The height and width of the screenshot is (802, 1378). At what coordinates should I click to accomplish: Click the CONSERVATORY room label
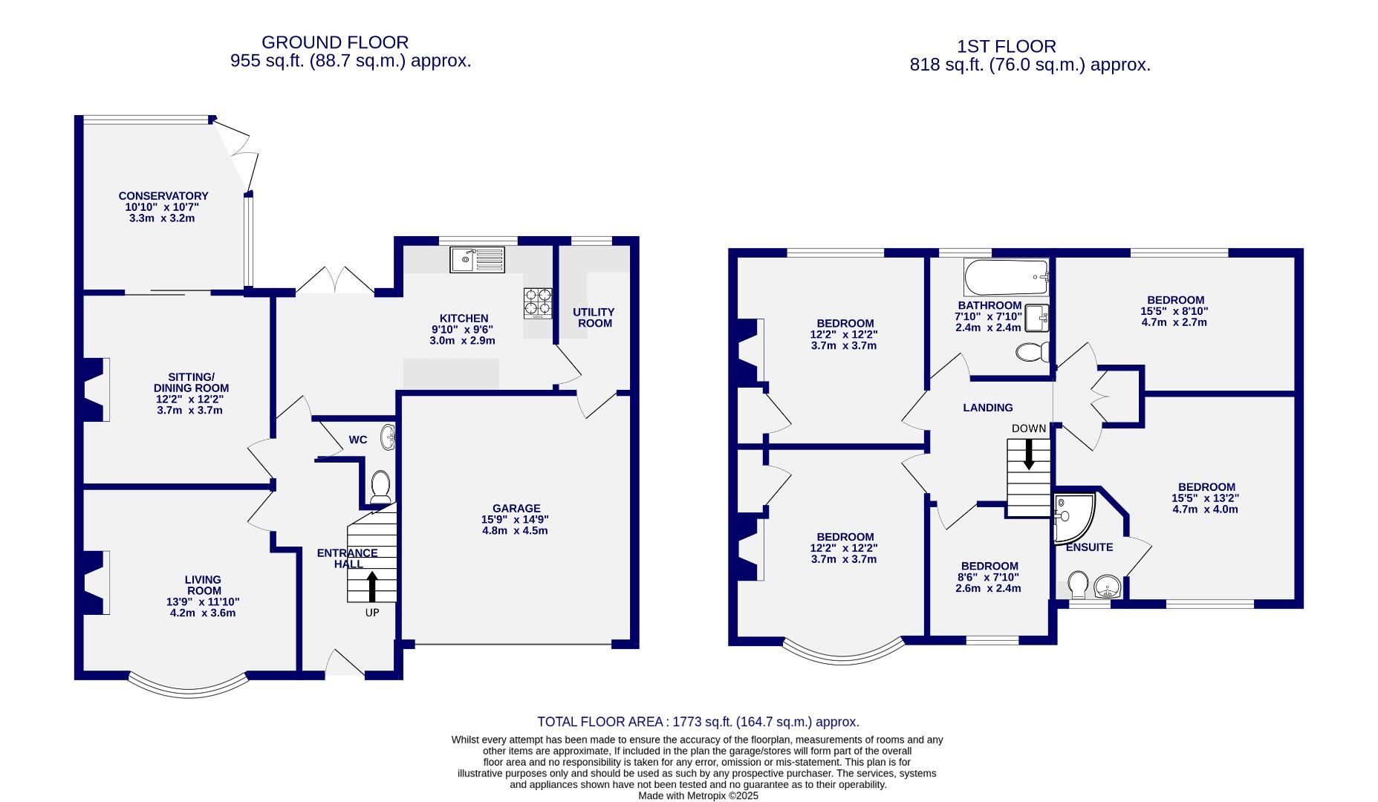tap(163, 197)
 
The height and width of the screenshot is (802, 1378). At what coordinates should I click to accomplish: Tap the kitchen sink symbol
tap(477, 259)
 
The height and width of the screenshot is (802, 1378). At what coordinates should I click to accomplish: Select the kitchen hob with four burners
tap(539, 303)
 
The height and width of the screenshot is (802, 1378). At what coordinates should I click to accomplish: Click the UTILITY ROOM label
tap(594, 318)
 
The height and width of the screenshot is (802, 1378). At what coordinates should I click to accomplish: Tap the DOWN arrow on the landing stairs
tap(1029, 453)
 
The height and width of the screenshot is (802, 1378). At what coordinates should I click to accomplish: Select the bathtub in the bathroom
tap(1005, 276)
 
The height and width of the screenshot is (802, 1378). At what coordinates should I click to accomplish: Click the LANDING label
tap(987, 408)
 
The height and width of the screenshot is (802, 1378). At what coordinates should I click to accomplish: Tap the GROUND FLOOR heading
tap(334, 43)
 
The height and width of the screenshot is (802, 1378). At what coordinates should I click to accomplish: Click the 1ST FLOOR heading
tap(1007, 47)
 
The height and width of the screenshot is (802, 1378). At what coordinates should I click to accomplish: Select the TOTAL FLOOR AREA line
tap(698, 722)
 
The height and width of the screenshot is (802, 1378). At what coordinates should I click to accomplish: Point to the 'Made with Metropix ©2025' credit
tap(698, 795)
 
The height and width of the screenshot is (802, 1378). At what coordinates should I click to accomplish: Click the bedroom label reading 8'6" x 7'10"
tap(988, 577)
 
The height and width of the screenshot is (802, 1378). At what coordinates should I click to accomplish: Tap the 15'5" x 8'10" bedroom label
tap(1174, 312)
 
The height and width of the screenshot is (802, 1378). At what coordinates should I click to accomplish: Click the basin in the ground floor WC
tap(389, 437)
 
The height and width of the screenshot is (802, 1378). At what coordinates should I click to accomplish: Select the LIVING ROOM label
tap(203, 585)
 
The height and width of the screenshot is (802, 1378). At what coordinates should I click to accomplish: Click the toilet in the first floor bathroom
tap(1033, 352)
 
